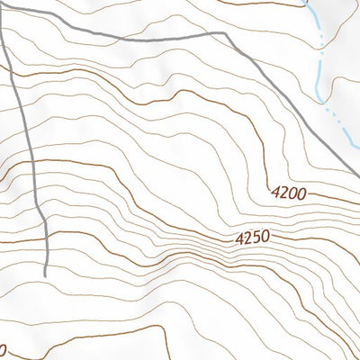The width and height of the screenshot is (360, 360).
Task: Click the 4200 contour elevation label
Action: pyautogui.click(x=288, y=193)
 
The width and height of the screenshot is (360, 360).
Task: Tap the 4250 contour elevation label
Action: pyautogui.click(x=252, y=239)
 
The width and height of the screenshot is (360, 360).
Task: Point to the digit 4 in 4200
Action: pyautogui.click(x=274, y=191)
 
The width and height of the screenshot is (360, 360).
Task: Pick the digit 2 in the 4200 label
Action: pyautogui.click(x=283, y=192)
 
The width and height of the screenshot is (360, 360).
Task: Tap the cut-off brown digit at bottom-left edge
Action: pyautogui.click(x=3, y=349)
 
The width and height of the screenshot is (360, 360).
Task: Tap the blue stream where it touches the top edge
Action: pyautogui.click(x=309, y=2)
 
